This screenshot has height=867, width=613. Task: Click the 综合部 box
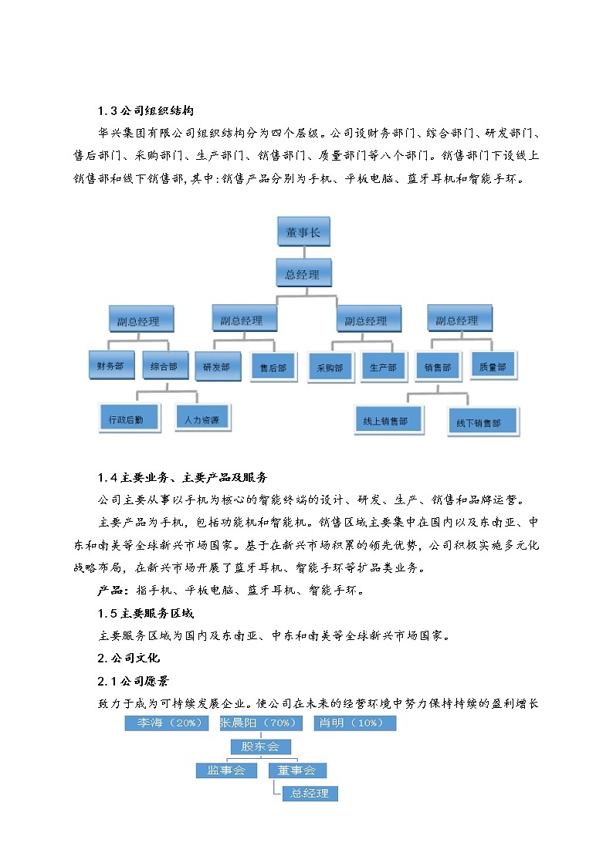[164, 365]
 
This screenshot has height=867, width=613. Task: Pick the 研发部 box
[217, 367]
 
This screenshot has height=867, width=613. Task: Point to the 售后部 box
[273, 368]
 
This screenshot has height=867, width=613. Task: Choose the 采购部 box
[330, 368]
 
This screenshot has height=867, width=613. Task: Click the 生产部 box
[383, 367]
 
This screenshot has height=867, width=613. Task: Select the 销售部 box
[438, 367]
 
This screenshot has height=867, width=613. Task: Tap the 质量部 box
[493, 366]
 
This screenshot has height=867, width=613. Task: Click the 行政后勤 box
[126, 419]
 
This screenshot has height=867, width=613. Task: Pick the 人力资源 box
[202, 419]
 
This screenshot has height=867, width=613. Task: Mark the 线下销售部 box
[482, 422]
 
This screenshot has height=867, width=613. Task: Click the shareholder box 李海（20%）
[168, 723]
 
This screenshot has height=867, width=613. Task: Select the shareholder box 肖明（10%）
[354, 723]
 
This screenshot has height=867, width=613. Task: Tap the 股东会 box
[259, 747]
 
